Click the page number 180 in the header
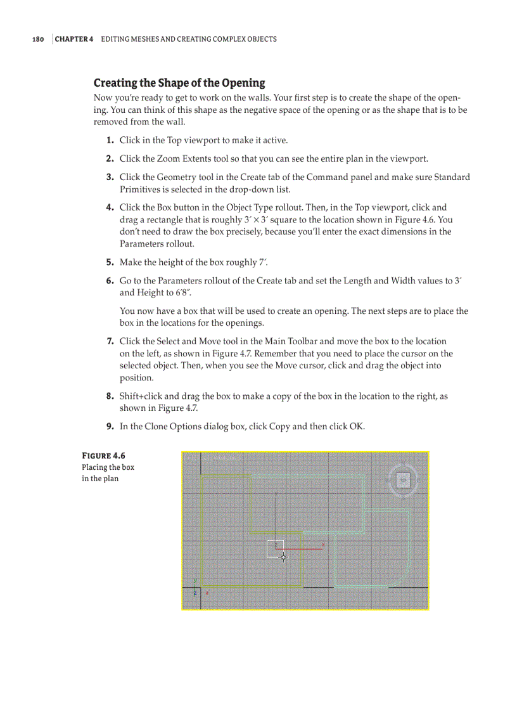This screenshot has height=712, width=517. (38, 39)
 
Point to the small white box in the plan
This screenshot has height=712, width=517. (274, 549)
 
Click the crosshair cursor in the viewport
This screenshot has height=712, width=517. (283, 557)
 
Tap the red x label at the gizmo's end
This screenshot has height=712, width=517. (323, 544)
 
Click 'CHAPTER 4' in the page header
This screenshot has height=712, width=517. (74, 39)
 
